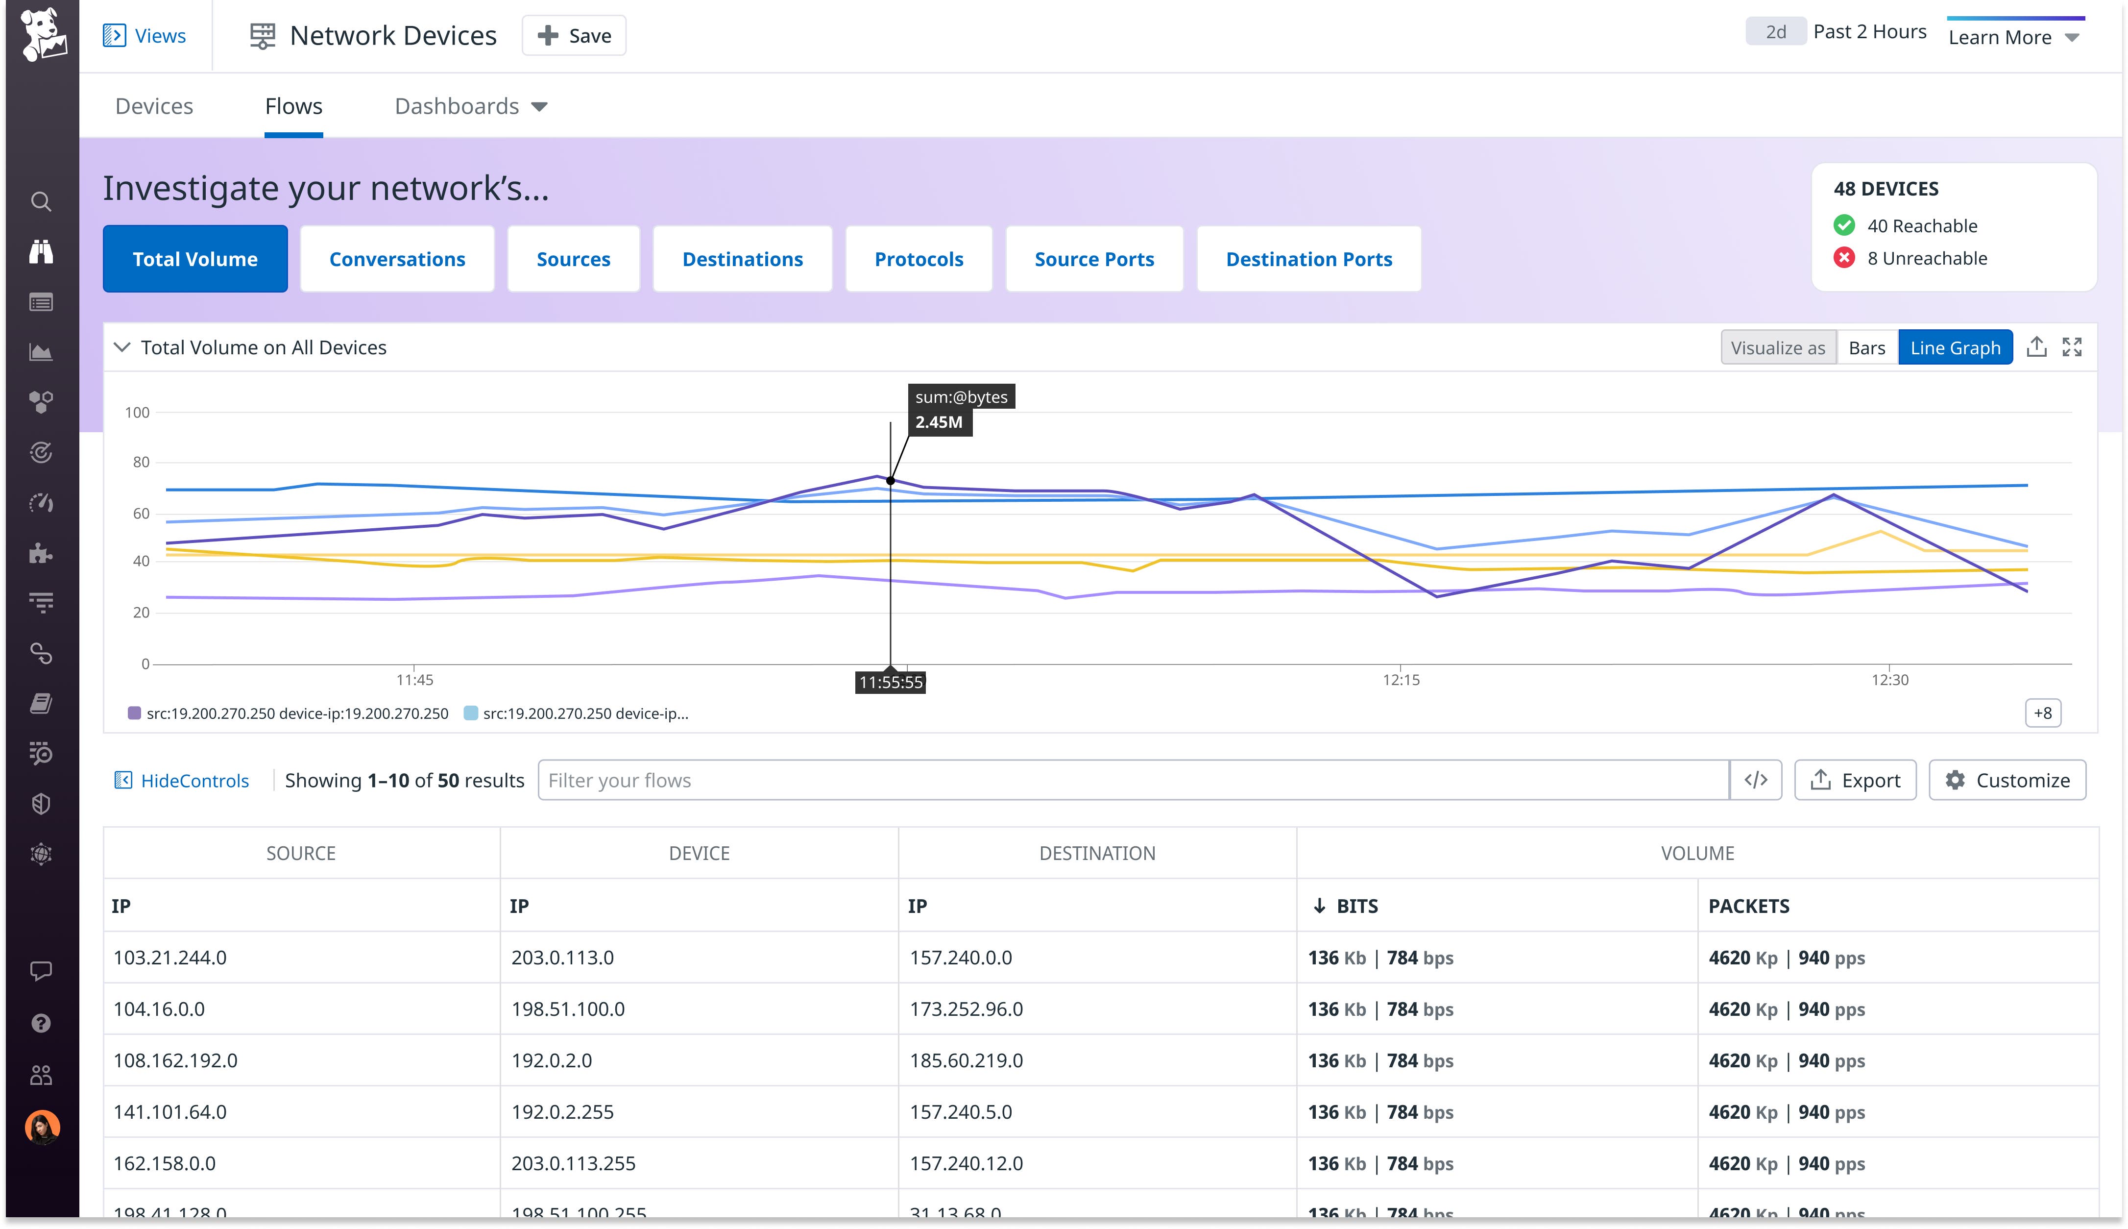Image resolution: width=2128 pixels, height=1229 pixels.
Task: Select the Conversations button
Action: click(x=397, y=259)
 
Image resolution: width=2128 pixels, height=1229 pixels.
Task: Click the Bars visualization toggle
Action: click(x=1866, y=348)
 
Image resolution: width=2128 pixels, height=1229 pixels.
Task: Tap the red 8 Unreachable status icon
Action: click(x=1844, y=258)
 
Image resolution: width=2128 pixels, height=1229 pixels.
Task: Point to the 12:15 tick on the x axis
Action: click(x=1401, y=680)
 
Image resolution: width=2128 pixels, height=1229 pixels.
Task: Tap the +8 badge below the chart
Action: click(x=2042, y=713)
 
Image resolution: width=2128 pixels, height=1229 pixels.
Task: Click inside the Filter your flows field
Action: click(x=1131, y=781)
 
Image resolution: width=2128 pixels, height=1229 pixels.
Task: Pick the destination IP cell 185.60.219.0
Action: click(x=966, y=1061)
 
